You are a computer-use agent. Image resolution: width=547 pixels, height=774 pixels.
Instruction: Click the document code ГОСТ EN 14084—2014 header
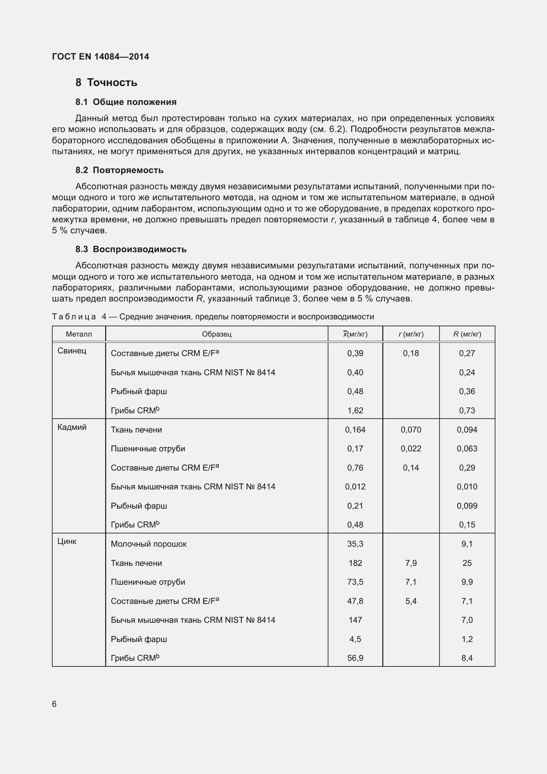101,57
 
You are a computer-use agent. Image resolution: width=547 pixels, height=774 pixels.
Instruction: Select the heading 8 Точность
106,83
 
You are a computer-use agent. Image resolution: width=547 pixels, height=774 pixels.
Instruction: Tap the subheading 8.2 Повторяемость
119,170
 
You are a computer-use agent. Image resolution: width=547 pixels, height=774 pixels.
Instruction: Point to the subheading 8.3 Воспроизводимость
131,250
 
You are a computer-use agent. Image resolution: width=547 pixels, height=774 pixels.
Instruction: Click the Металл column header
79,334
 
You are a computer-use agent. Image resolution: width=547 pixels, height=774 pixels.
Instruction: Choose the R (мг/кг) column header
467,334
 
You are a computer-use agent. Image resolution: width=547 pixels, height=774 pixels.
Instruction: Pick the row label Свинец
72,351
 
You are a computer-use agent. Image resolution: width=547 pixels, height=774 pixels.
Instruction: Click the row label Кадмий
72,428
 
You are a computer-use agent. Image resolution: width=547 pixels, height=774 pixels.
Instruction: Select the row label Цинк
67,541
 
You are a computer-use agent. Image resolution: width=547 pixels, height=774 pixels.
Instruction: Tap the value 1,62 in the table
355,411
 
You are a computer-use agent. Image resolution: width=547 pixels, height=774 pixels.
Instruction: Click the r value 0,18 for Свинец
411,353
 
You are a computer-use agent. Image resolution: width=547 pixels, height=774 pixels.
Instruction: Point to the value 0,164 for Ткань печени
355,430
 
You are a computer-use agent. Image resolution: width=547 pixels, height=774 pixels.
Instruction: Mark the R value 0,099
467,506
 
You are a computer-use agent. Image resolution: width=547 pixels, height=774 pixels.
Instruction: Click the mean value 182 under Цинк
355,563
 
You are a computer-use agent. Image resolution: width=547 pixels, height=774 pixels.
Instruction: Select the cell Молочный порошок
148,544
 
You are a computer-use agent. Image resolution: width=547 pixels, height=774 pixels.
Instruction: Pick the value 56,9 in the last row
355,658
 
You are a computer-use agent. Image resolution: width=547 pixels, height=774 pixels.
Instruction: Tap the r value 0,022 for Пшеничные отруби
411,449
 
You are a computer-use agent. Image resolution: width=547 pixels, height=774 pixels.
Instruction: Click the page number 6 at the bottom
54,704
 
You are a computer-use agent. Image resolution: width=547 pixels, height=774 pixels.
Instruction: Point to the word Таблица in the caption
74,317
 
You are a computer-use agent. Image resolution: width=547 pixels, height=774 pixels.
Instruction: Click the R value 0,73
467,411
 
